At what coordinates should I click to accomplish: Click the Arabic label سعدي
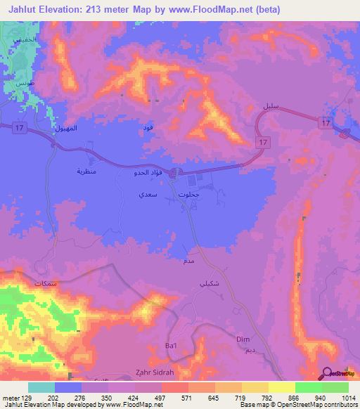tap(147, 193)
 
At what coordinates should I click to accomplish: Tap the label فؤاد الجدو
tap(149, 173)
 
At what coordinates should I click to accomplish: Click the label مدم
tap(188, 260)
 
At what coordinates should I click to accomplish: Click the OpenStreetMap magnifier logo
tap(328, 373)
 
